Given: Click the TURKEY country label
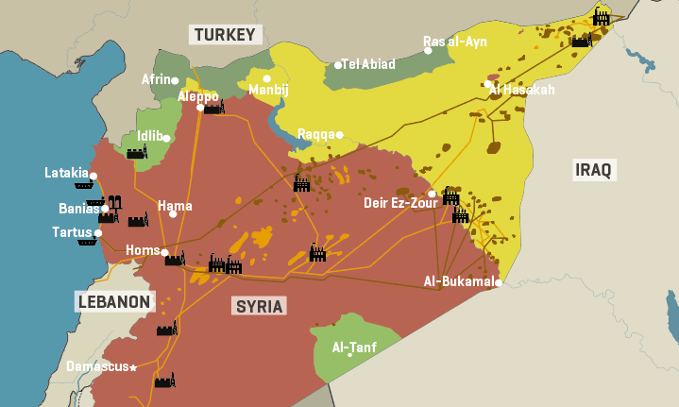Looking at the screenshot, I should (225, 35).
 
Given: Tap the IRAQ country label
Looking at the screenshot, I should (594, 170).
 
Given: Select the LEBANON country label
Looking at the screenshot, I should (113, 301).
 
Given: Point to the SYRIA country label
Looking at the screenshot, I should (259, 306).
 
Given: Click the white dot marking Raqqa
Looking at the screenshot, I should (339, 135).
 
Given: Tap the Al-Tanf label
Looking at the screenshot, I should (354, 348).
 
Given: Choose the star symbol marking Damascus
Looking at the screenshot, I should (133, 367).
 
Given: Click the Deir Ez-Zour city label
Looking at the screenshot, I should (394, 202).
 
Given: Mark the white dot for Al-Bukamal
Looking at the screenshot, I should (498, 281).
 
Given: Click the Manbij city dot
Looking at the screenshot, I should (267, 78).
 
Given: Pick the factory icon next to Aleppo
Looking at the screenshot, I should (214, 108).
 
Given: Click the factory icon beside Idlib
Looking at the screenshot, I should (137, 151).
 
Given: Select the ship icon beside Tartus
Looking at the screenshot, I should (88, 241).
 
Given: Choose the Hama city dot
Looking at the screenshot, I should (173, 214).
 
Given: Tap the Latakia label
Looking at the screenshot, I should (66, 173).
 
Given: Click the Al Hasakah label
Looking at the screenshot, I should (522, 90).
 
